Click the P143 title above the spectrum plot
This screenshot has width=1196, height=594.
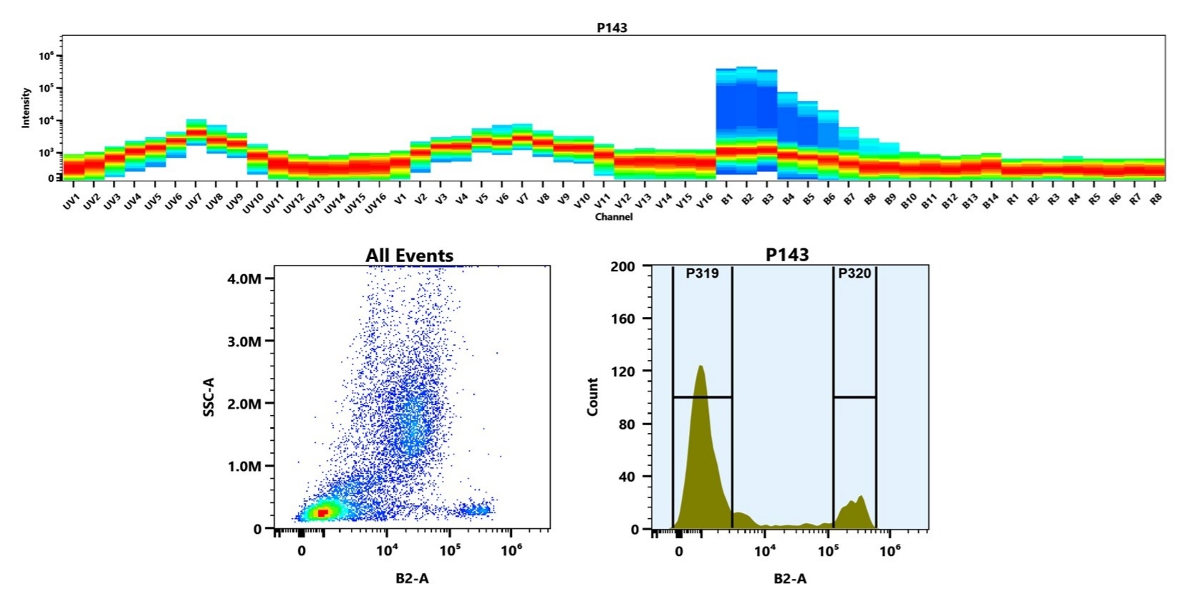612,27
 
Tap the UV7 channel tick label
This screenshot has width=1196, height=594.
194,202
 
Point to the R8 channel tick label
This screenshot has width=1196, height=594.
1155,200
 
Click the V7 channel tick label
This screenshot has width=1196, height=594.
524,200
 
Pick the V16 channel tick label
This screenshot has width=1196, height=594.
705,202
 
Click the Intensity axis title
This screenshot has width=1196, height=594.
26,107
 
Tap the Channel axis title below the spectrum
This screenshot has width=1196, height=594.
614,217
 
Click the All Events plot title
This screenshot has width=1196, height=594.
409,255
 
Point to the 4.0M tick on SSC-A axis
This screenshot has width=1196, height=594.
244,278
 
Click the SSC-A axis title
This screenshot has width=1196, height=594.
209,398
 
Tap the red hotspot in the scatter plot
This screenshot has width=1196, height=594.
322,512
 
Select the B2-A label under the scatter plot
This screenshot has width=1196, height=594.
412,578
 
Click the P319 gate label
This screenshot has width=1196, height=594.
702,273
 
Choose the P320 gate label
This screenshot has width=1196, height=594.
854,273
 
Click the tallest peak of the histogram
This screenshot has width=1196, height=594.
700,367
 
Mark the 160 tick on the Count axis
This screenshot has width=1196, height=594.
622,318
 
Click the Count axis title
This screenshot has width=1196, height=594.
592,396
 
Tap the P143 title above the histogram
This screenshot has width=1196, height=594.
786,255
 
